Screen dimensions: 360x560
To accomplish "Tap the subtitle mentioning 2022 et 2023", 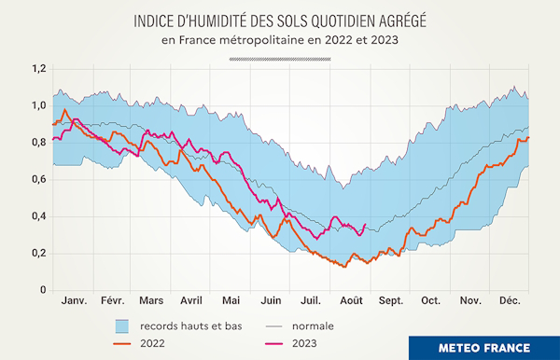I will [x=280, y=40].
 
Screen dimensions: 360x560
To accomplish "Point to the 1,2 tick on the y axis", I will [x=37, y=69].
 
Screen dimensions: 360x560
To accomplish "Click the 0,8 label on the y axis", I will [x=37, y=143].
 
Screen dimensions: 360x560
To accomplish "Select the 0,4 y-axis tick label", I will [x=37, y=216].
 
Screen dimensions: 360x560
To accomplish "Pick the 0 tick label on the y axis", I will [x=42, y=290].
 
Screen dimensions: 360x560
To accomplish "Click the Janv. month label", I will [x=74, y=302].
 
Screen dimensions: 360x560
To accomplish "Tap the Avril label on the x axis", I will [x=191, y=302].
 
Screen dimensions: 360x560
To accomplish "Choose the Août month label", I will [x=352, y=302].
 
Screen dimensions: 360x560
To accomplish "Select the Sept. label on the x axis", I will [x=390, y=302].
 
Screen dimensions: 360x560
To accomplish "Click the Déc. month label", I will [x=511, y=302].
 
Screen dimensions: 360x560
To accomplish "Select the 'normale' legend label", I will [x=313, y=326].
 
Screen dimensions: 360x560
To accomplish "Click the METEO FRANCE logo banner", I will [x=484, y=347].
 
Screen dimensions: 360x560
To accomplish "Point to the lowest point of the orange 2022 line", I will [x=346, y=268].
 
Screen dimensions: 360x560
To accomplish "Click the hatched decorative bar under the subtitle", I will [x=280, y=58].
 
